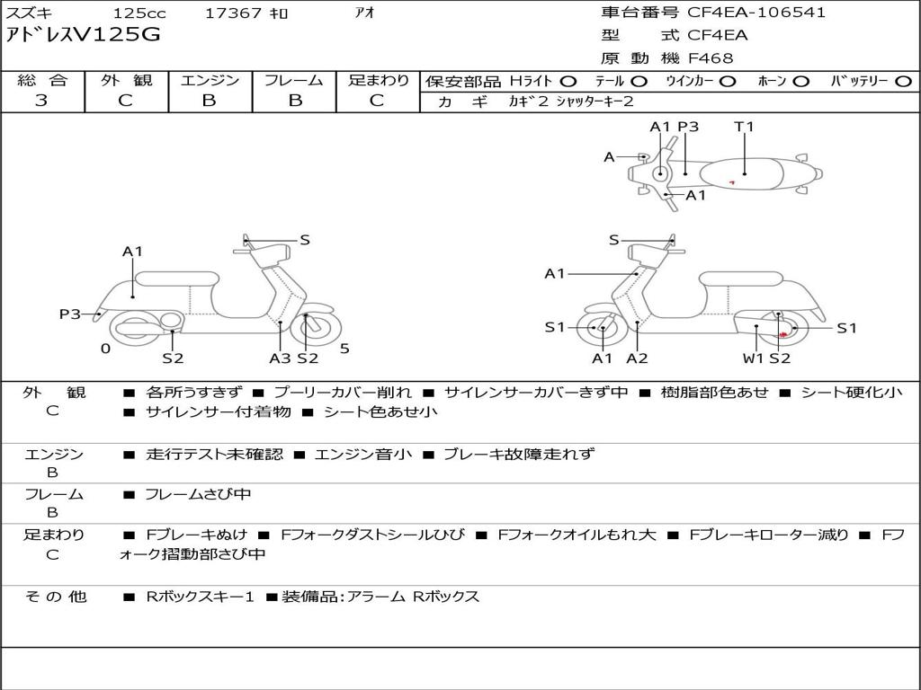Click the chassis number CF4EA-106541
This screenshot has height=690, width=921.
coord(756,13)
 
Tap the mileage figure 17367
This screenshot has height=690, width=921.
coord(233,13)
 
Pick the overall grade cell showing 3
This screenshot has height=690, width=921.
coord(41,101)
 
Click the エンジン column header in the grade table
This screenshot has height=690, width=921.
coord(210,80)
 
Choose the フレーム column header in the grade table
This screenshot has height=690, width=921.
coord(294,80)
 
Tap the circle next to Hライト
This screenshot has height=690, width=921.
coord(568,82)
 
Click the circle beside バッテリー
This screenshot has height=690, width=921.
coord(903,82)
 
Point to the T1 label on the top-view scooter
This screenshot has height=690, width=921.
coord(744,126)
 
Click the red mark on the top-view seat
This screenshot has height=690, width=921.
coord(732,182)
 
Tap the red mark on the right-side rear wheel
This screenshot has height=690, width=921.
coord(783,334)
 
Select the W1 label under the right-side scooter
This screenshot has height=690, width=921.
coord(753,358)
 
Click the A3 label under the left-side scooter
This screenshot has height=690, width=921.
coord(280,358)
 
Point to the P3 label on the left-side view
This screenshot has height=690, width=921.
coord(69,314)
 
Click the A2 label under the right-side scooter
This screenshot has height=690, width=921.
coord(637,358)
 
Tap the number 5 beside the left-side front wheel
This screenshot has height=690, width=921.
coord(344,349)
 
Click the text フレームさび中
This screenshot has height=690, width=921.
coord(198,494)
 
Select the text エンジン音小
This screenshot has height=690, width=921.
coord(363,454)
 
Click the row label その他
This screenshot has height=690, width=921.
coord(56,597)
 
